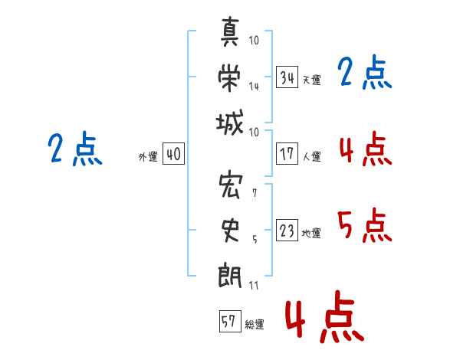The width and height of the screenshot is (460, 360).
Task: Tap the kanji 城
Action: pos(230,123)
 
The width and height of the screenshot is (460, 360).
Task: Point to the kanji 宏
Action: pos(230,185)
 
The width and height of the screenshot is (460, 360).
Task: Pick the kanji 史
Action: pos(230,230)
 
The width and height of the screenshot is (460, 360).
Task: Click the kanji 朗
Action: pos(230,274)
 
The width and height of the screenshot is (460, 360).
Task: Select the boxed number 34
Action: pos(287,77)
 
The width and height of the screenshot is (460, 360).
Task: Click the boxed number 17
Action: pos(287,154)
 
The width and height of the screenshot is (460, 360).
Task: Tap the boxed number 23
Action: pos(287,231)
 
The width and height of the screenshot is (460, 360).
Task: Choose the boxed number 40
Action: pos(173,155)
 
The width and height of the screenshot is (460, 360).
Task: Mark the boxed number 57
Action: pos(229,322)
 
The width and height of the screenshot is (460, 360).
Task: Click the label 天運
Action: pos(311,80)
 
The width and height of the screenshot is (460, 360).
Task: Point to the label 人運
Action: pos(311,156)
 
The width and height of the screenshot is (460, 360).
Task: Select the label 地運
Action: pos(311,234)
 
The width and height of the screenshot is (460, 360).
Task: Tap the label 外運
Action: pos(148,157)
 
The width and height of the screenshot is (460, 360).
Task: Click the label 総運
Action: pos(254,324)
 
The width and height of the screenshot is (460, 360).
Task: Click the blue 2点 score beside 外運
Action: pos(74,149)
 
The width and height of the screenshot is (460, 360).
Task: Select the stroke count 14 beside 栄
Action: pos(254,87)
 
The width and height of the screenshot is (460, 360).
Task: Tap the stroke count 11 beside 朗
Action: pos(254,285)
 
